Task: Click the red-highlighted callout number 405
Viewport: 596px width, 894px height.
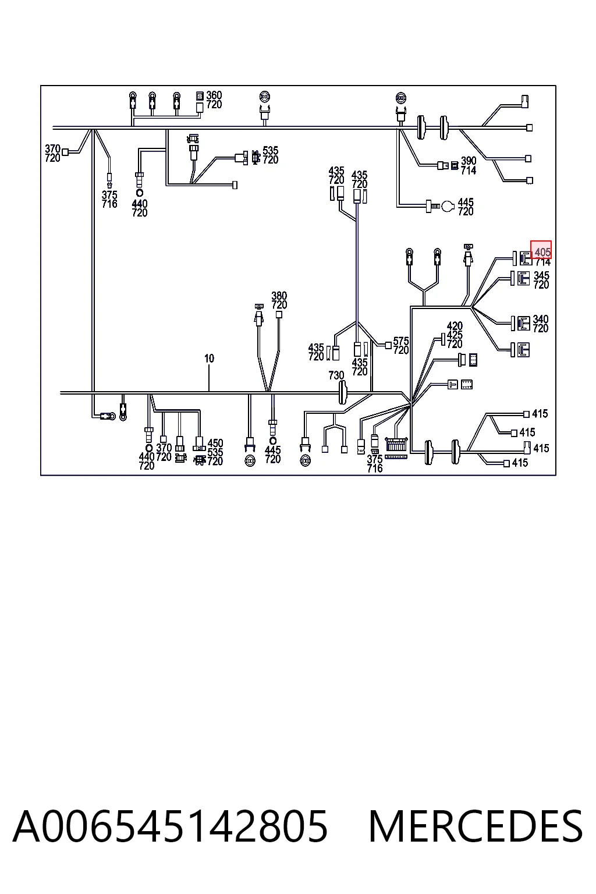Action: coord(542,252)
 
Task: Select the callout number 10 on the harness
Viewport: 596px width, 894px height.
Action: coord(209,359)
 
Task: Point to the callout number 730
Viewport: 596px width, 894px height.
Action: coord(336,375)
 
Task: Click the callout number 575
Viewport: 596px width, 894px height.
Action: coord(401,341)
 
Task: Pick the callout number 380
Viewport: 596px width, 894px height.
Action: coord(279,296)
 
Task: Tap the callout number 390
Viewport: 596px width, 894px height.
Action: coord(469,161)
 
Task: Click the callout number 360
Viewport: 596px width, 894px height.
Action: coord(214,95)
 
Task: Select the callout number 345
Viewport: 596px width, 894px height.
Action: coord(541,275)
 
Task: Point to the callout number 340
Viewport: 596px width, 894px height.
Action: coord(541,320)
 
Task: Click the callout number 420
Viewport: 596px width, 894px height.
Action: coord(455,326)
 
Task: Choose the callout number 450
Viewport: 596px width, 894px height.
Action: coord(215,444)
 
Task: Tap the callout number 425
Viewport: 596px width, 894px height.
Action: coord(455,335)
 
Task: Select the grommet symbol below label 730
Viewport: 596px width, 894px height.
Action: coord(342,392)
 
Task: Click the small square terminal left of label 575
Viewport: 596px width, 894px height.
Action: coord(388,346)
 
